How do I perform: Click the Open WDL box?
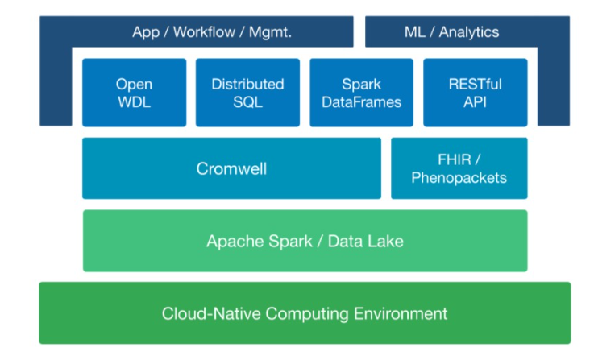134,93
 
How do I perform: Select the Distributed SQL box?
247,93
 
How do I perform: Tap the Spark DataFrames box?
361,93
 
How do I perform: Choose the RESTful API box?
475,93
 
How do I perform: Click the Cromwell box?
231,168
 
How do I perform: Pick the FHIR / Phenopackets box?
459,168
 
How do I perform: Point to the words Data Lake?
366,241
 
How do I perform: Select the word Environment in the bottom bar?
401,313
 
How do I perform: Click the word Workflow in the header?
204,31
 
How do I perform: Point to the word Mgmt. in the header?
270,32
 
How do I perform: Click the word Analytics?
469,32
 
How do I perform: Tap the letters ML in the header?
415,31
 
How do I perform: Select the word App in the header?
146,32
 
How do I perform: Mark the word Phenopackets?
459,177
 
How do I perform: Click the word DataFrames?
361,102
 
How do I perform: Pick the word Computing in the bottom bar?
307,314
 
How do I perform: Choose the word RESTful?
475,84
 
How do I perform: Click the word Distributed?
247,84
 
